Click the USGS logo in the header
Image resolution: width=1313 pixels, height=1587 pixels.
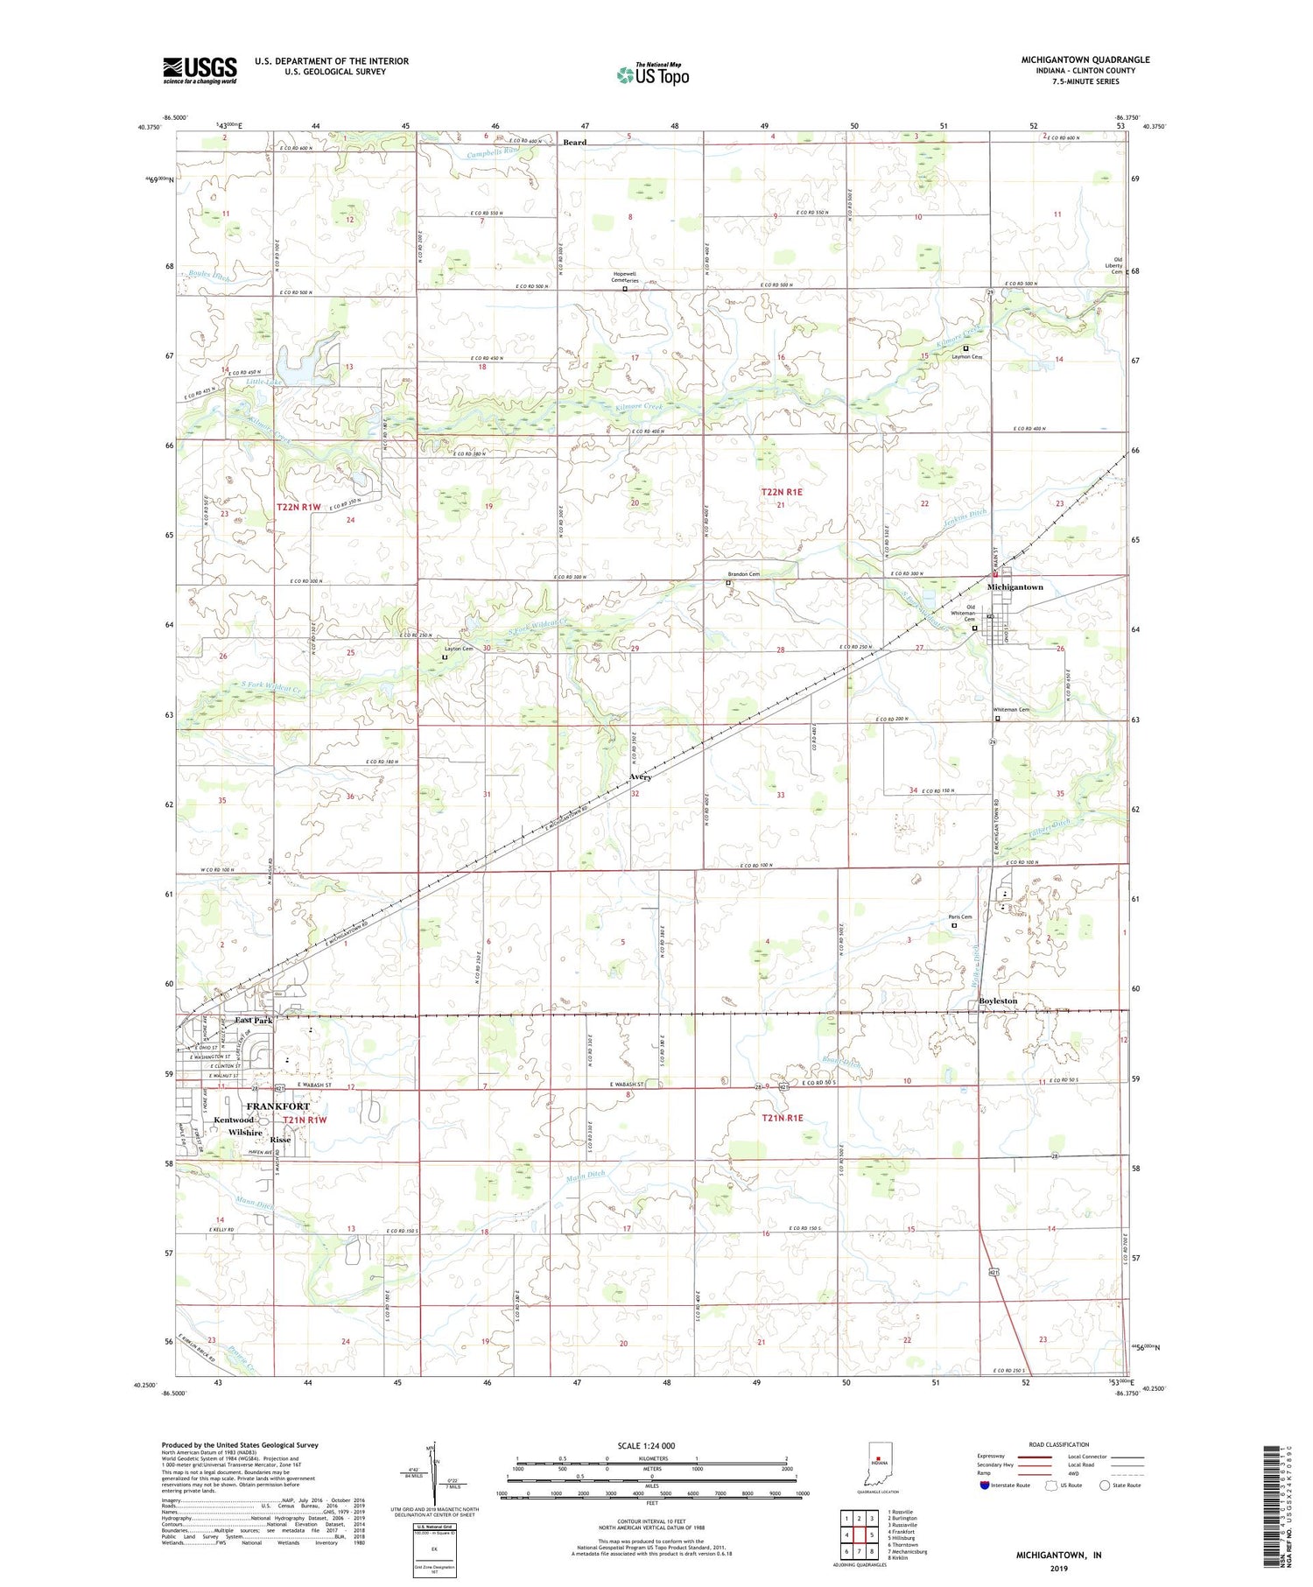200,70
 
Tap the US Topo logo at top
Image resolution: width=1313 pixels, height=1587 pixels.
653,75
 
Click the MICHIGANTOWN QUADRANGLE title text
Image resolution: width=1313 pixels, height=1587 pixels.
1085,60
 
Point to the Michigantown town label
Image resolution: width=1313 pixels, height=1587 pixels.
1015,587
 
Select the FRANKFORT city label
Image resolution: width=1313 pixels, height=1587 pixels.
277,1106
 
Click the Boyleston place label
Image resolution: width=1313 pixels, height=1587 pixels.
998,1001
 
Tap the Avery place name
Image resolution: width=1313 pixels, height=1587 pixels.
640,776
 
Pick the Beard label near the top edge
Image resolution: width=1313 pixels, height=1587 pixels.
575,142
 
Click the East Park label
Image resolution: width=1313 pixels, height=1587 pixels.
253,1021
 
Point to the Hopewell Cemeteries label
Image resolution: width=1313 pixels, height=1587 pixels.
625,277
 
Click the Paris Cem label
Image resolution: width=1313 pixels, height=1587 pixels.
960,916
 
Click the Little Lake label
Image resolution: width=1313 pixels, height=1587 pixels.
264,382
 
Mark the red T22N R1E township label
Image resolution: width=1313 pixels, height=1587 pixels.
781,493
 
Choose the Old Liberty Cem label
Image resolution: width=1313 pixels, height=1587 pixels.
1116,265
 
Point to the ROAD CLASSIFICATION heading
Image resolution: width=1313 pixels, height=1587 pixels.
1059,1444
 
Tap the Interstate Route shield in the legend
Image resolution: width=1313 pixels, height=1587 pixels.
985,1485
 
